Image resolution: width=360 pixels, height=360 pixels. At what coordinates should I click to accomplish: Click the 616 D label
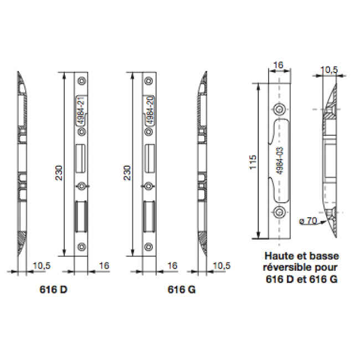click(x=54, y=290)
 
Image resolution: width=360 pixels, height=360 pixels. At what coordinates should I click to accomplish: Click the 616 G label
click(x=182, y=290)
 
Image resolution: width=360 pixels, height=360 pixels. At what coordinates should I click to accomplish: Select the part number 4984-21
click(x=81, y=110)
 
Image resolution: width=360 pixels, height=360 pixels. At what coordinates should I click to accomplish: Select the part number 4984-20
click(x=150, y=110)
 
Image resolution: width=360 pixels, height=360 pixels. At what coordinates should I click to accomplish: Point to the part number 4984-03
click(x=280, y=161)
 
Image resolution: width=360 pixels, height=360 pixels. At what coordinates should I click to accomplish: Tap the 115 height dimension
click(x=253, y=162)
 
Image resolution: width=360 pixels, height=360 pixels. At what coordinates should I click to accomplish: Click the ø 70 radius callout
click(x=308, y=221)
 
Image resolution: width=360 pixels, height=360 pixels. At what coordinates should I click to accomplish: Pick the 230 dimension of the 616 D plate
click(x=59, y=173)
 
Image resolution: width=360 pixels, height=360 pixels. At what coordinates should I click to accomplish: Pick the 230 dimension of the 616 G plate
click(x=127, y=173)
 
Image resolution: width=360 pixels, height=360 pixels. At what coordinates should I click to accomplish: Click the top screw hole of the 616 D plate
click(x=82, y=81)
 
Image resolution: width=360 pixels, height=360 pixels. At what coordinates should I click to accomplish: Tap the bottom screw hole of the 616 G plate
click(x=149, y=246)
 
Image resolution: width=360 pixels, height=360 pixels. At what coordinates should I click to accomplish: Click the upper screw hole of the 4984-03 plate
click(x=279, y=109)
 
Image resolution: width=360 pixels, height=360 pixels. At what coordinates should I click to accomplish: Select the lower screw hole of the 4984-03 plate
click(x=279, y=212)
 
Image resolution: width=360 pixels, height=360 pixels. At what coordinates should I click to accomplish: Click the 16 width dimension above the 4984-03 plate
click(x=278, y=65)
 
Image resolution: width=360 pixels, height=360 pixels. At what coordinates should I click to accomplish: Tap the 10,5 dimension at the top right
click(x=329, y=70)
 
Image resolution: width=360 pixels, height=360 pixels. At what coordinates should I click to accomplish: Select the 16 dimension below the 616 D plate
click(x=104, y=266)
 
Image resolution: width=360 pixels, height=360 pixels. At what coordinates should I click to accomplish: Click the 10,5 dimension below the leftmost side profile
click(x=42, y=266)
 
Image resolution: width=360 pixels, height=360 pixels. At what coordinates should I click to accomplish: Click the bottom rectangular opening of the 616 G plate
click(x=149, y=216)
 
